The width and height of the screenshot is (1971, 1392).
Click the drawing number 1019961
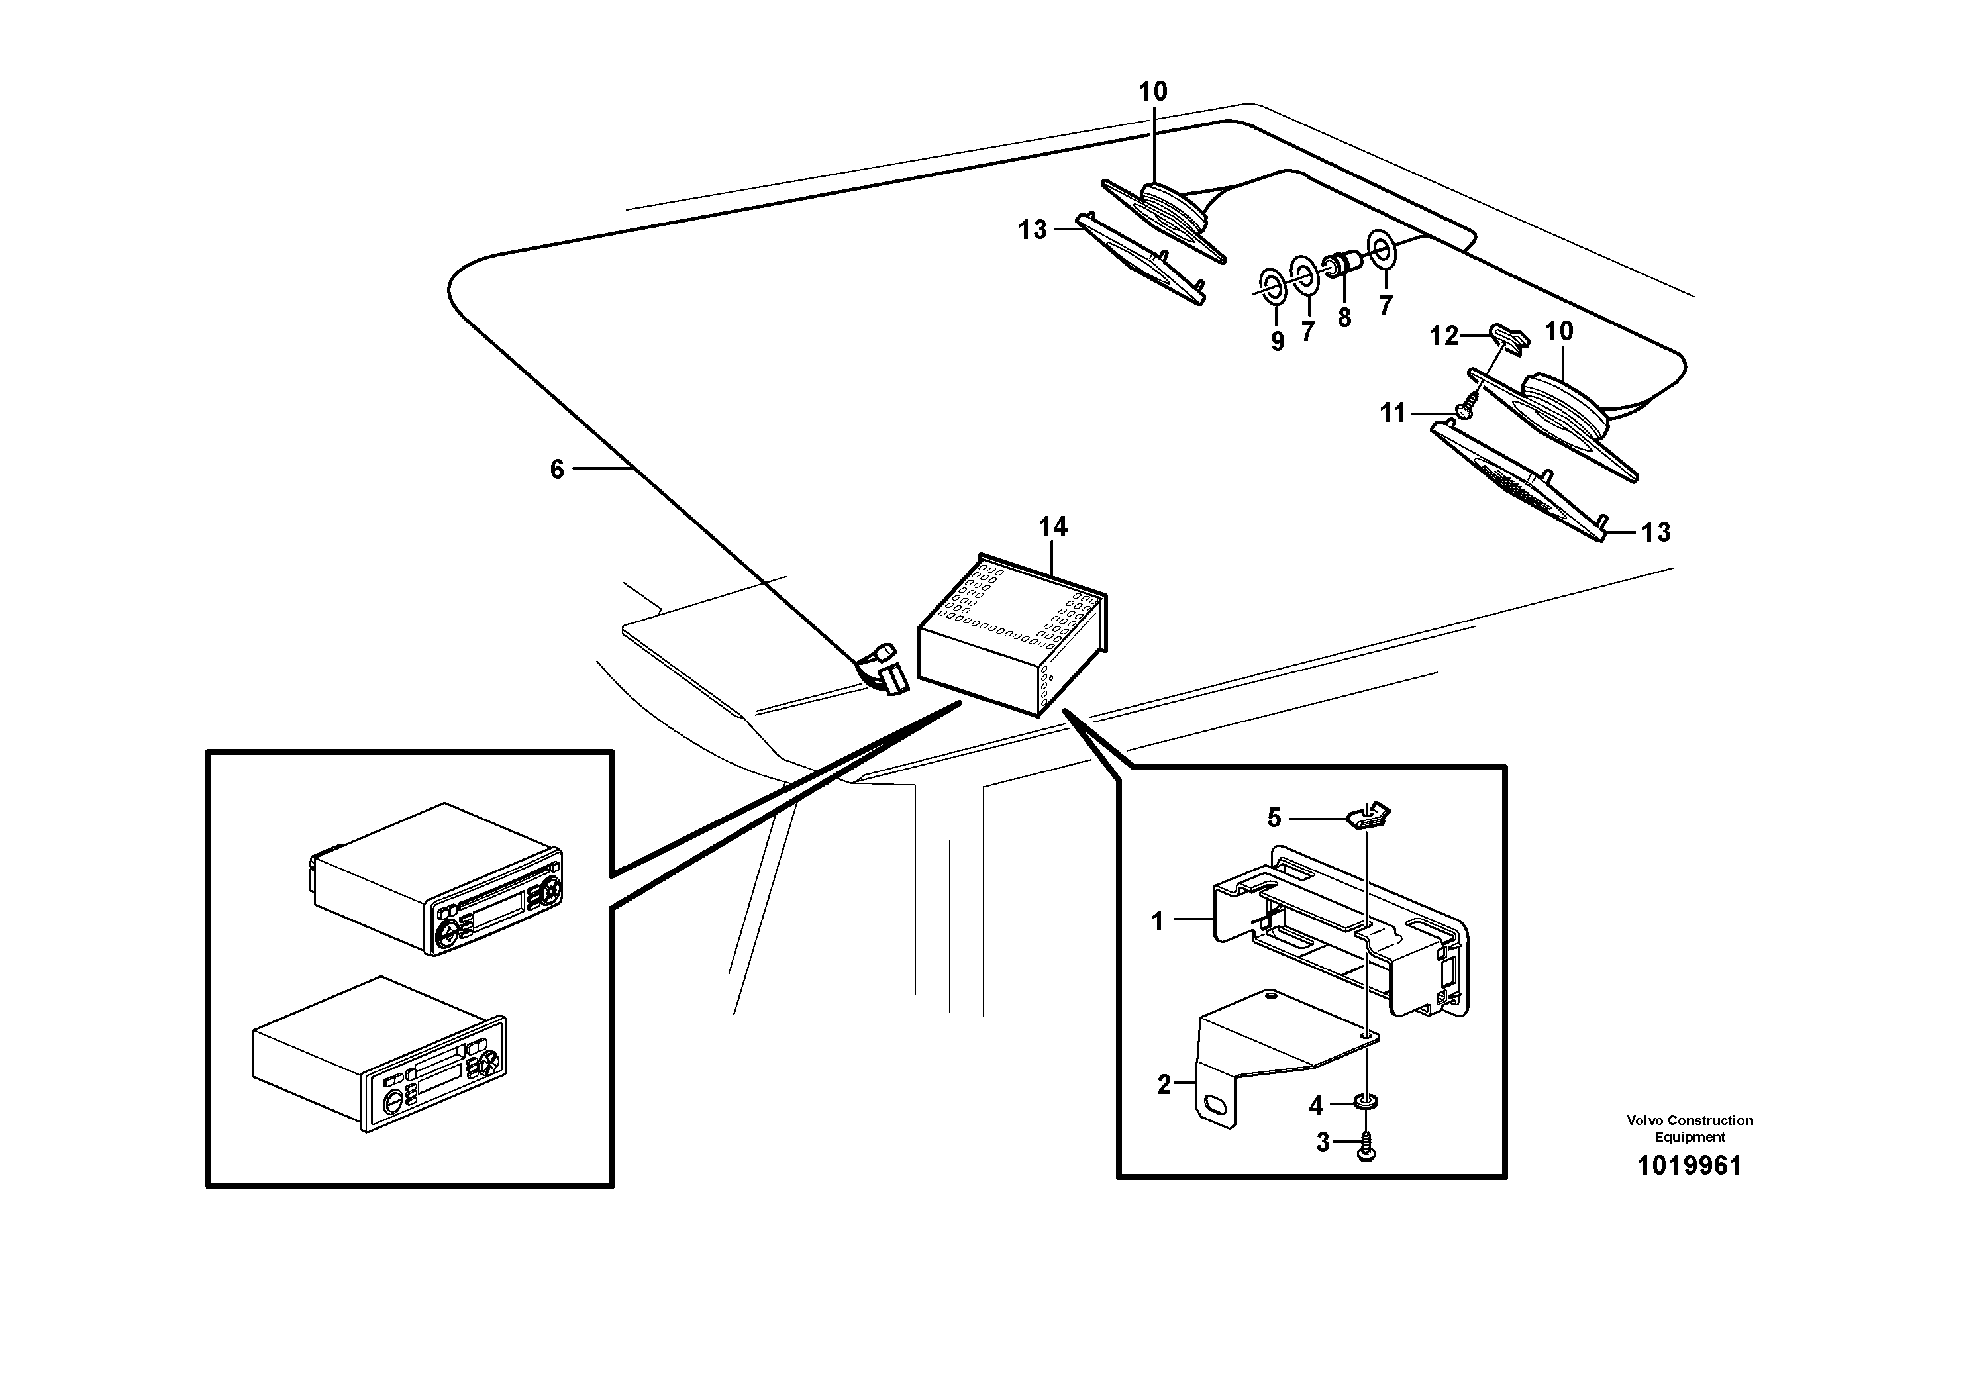1689,1166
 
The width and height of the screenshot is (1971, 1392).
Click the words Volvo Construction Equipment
1689,1128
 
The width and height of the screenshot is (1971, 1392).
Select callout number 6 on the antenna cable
557,469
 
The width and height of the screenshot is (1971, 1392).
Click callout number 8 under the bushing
1344,317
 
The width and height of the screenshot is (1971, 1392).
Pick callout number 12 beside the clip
1443,336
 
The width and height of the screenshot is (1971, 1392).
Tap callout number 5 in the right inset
1274,818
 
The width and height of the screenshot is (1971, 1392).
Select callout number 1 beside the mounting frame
1157,922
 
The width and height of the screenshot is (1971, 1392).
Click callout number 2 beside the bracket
1163,1085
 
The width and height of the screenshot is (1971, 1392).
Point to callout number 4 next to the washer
1316,1106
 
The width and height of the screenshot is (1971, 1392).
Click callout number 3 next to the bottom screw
1322,1142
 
